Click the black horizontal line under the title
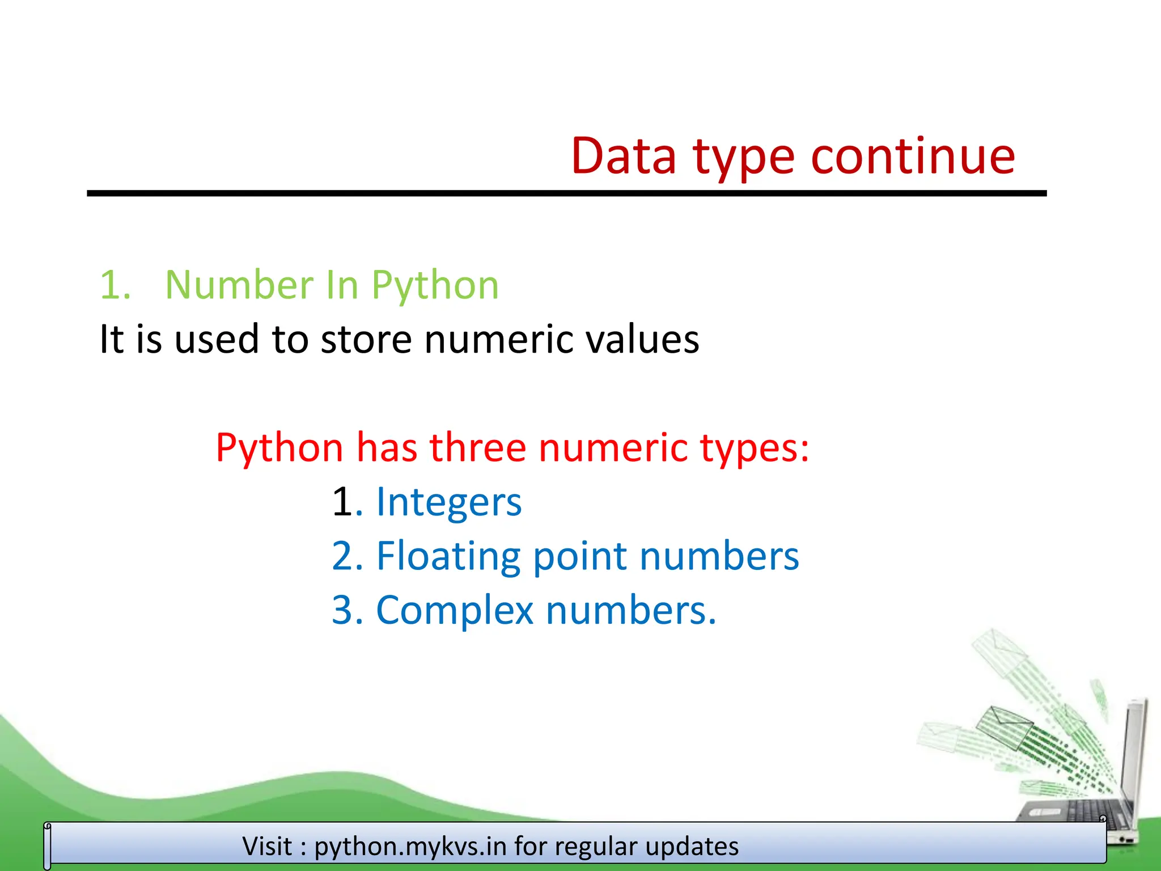coord(567,193)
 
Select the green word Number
coord(239,285)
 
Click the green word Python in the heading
coord(435,286)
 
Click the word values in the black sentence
coord(642,339)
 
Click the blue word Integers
coord(448,502)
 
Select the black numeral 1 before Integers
coord(342,502)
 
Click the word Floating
coord(448,557)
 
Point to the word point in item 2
coord(579,557)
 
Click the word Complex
coord(455,611)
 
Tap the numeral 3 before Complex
coord(342,611)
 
